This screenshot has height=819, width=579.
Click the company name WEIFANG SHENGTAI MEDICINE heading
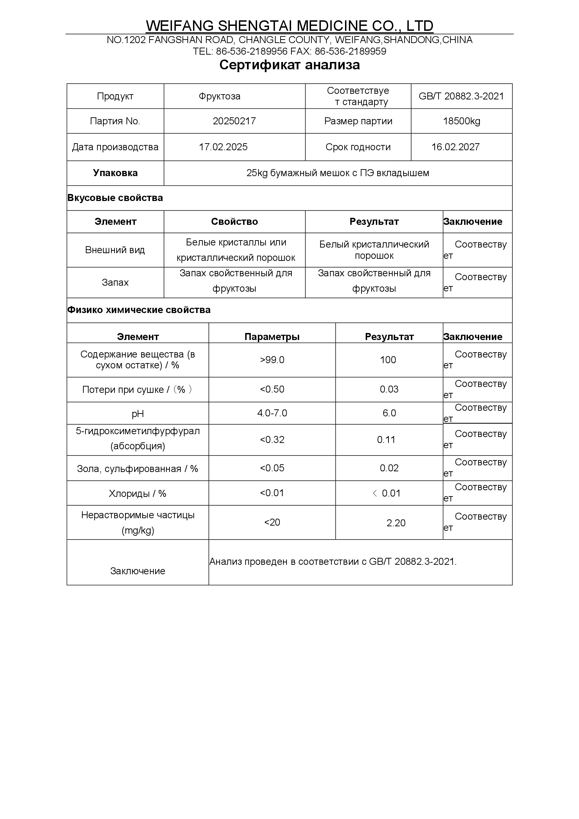[x=289, y=26]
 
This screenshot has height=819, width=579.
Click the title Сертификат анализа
[x=289, y=65]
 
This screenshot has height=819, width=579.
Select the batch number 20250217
[x=234, y=121]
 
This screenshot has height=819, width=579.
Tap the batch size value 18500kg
[x=461, y=121]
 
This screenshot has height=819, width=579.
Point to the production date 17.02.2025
[x=223, y=147]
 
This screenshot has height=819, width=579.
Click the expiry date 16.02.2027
[x=455, y=147]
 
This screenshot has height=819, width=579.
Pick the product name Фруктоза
[x=219, y=96]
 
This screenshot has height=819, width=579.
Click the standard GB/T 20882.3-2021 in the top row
[x=461, y=96]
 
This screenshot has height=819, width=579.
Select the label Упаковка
[x=115, y=173]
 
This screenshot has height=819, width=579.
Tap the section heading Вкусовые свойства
[x=115, y=198]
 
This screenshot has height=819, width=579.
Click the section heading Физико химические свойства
[x=139, y=310]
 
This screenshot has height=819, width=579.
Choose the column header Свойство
[x=234, y=222]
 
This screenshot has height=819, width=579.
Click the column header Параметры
[x=272, y=337]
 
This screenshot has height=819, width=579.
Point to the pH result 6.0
[x=389, y=413]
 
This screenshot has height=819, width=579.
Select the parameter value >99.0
[x=272, y=360]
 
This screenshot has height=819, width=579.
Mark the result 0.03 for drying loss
[x=389, y=389]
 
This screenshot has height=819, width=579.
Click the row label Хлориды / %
[x=137, y=494]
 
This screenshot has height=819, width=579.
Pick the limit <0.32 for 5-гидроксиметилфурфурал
[x=272, y=440]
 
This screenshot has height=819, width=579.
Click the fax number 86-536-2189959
[x=350, y=51]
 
